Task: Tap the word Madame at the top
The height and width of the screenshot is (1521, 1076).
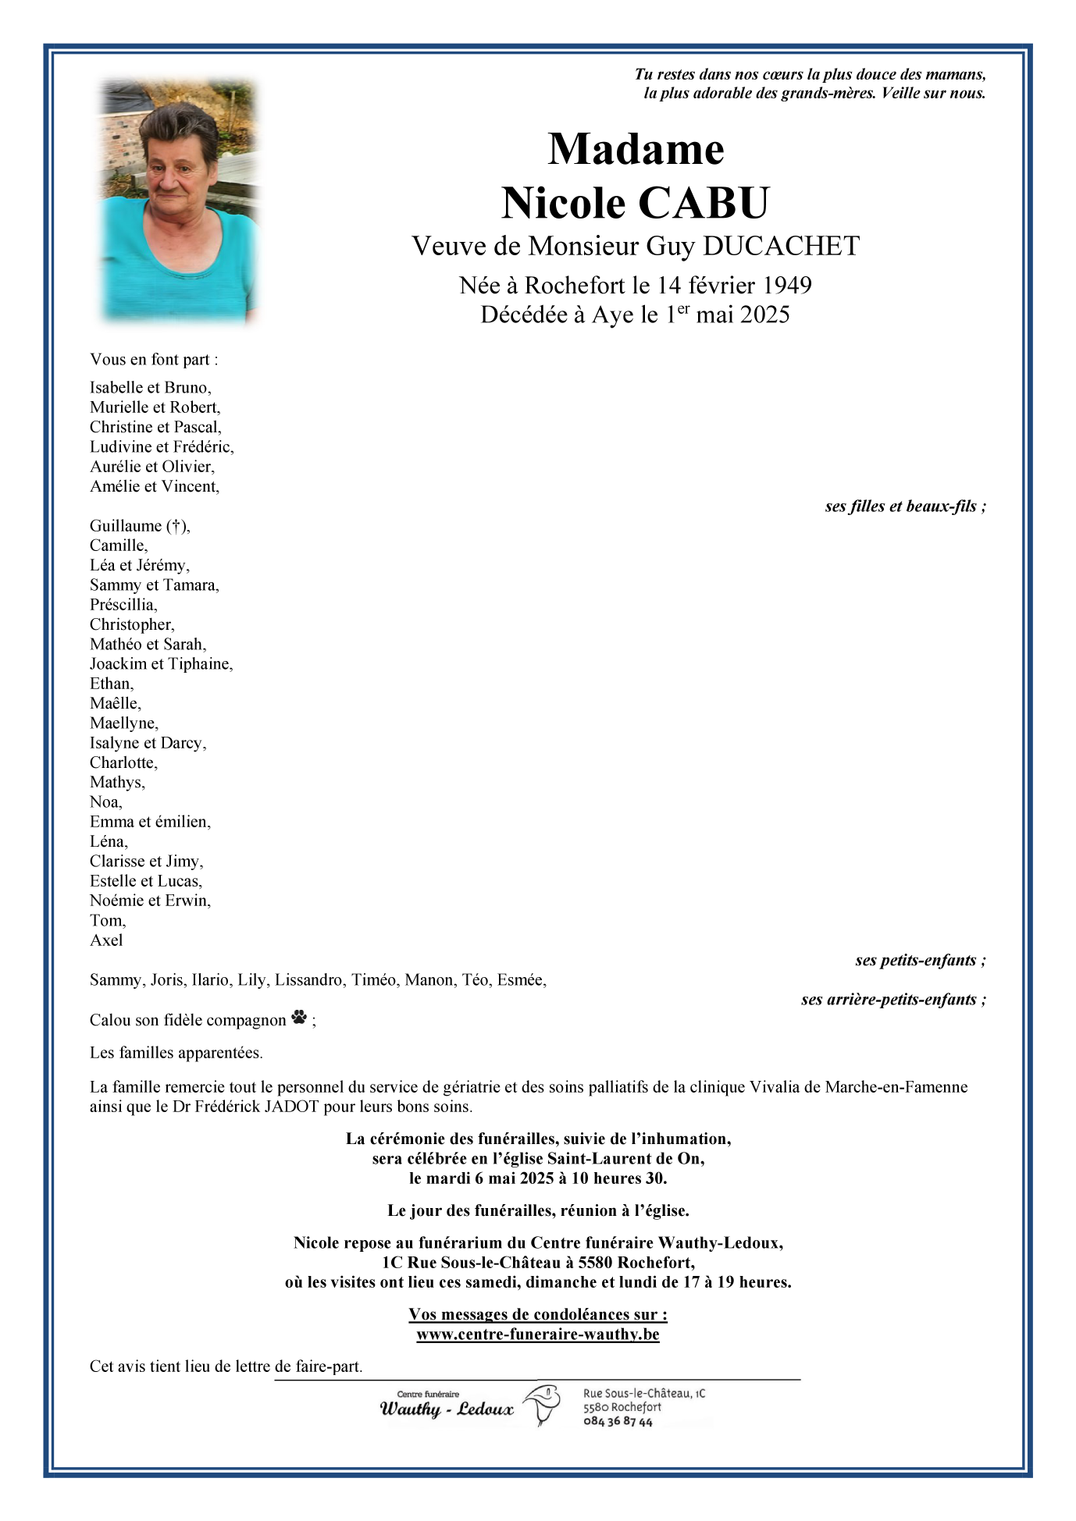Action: (636, 149)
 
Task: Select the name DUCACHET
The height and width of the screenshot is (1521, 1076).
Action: (780, 247)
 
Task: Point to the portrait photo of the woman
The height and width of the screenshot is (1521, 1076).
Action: (178, 201)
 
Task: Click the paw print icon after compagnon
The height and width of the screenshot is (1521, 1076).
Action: (299, 1018)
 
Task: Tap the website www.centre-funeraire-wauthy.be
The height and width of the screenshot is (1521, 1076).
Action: (537, 1334)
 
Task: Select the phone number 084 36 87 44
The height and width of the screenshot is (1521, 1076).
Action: (618, 1422)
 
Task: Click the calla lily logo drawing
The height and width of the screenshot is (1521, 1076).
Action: (542, 1405)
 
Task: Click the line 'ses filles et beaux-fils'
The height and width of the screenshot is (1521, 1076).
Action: (905, 506)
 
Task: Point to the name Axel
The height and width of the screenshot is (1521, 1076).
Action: (106, 940)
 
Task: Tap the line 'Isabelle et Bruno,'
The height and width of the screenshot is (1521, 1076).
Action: (150, 388)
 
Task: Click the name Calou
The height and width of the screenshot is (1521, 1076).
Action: (110, 1020)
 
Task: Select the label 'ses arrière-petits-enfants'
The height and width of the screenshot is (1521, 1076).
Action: (893, 1000)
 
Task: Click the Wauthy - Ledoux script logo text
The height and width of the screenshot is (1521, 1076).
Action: (447, 1409)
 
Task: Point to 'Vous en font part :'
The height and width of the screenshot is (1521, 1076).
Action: (154, 360)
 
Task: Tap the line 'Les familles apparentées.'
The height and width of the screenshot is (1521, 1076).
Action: (176, 1053)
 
